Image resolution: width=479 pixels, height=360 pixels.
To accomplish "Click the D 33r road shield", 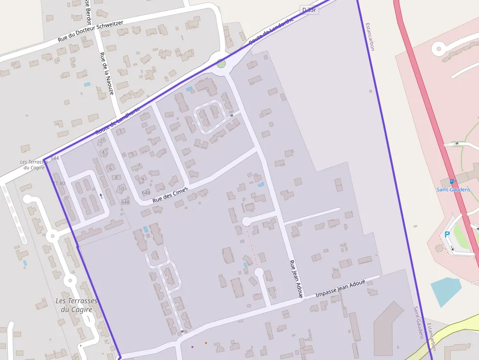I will point(309,10).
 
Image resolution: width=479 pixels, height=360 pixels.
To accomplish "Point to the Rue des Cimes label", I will point(170,193).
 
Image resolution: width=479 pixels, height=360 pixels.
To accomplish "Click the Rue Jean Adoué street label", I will point(296,278).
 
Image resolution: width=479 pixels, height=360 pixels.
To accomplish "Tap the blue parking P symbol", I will point(447,234).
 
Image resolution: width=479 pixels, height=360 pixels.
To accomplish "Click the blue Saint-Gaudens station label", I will point(453,190).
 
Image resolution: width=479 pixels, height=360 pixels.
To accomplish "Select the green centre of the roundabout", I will point(221,63).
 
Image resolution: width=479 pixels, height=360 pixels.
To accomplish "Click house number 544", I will point(55,158).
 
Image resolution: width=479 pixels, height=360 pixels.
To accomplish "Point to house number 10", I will point(121,189).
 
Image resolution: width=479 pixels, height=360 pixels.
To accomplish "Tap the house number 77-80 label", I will point(59,184).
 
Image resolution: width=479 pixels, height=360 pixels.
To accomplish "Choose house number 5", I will point(132,154).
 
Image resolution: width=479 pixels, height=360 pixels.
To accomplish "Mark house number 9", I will point(142,179).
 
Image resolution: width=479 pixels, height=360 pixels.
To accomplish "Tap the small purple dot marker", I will point(192,347).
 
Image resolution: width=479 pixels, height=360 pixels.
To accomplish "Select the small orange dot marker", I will point(206,343).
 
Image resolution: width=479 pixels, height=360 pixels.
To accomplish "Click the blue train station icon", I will point(451,181).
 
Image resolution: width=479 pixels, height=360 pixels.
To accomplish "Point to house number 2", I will point(101,141).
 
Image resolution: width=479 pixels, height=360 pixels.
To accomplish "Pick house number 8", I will point(116,177).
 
